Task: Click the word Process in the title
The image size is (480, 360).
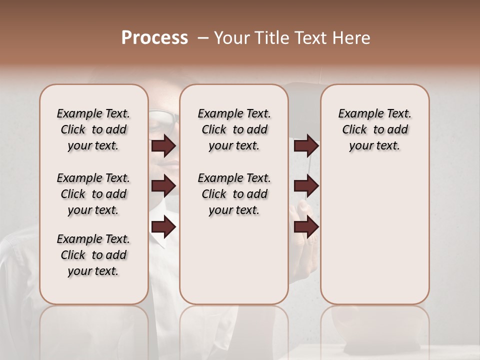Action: pyautogui.click(x=154, y=38)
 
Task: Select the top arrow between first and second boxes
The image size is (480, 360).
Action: pyautogui.click(x=163, y=145)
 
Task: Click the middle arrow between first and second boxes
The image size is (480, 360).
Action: pyautogui.click(x=163, y=186)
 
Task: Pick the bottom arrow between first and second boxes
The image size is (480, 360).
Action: pyautogui.click(x=163, y=226)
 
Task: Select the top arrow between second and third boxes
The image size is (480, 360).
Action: pyautogui.click(x=306, y=145)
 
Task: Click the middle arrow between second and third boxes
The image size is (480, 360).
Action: pyautogui.click(x=306, y=186)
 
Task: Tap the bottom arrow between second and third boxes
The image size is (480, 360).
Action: pyautogui.click(x=306, y=226)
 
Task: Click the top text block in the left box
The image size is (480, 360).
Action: pyautogui.click(x=93, y=129)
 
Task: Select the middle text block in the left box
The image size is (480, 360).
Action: pyautogui.click(x=93, y=194)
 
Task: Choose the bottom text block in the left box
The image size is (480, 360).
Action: pyautogui.click(x=93, y=255)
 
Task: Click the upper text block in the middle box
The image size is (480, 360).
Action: pyautogui.click(x=234, y=129)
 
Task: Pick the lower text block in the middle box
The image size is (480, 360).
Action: pyautogui.click(x=234, y=194)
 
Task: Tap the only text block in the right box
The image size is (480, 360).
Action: pyautogui.click(x=374, y=129)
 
